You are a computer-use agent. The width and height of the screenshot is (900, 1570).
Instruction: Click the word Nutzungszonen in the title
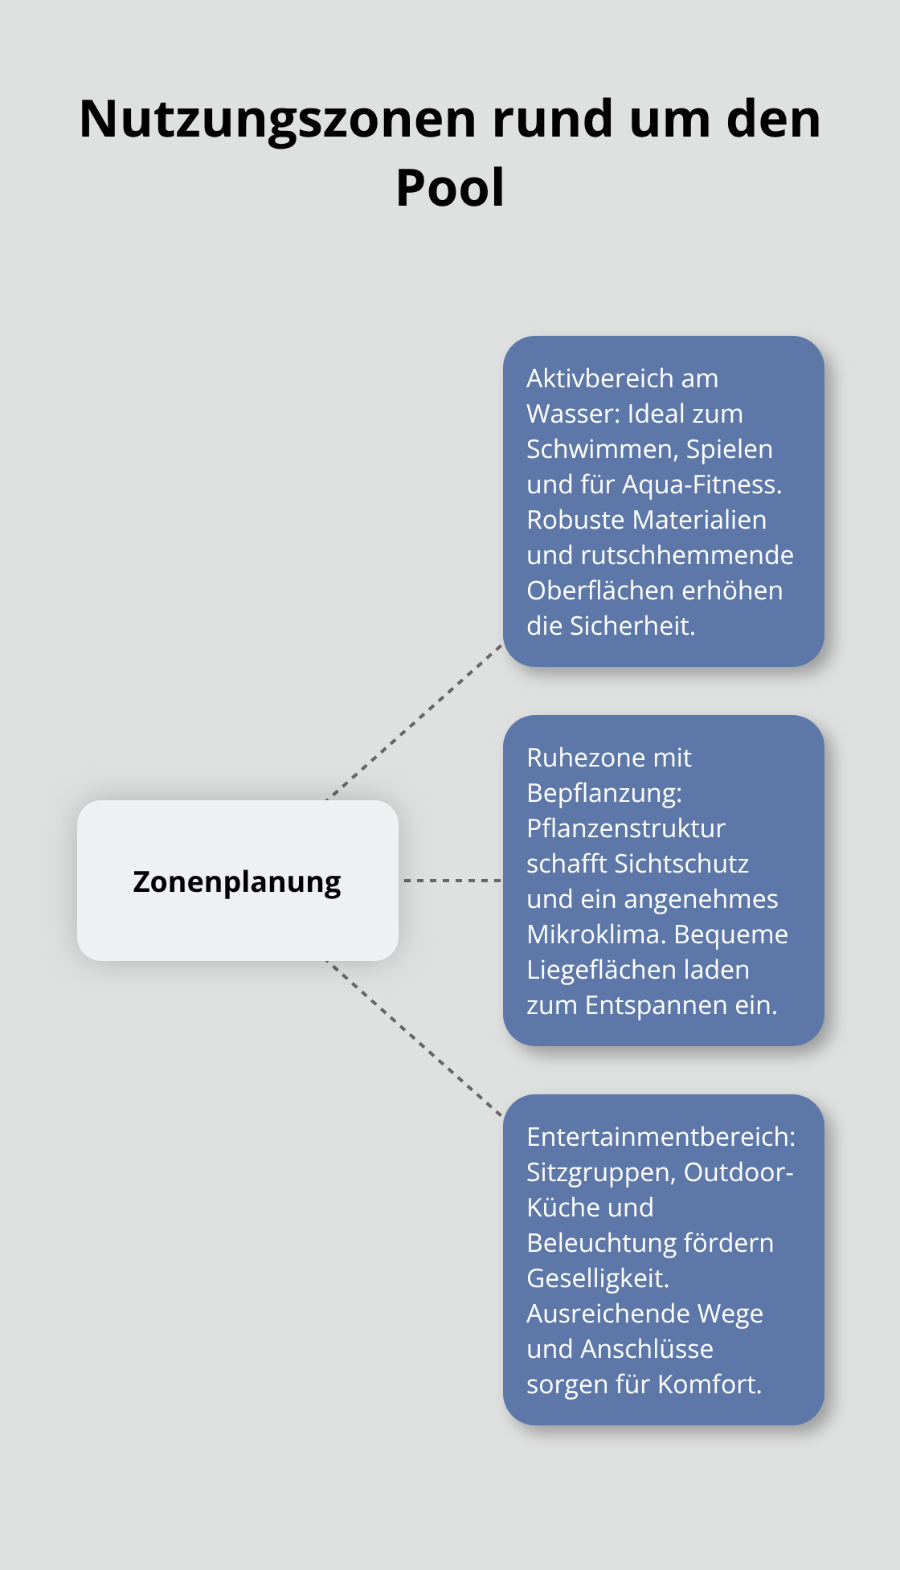pyautogui.click(x=278, y=119)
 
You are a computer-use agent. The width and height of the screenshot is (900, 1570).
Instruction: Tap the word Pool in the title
pyautogui.click(x=450, y=188)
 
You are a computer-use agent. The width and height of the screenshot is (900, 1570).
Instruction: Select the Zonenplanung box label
pyautogui.click(x=237, y=881)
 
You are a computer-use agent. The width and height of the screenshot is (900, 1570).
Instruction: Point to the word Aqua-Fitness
pyautogui.click(x=702, y=484)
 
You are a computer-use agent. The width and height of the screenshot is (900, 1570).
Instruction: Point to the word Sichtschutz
pyautogui.click(x=681, y=864)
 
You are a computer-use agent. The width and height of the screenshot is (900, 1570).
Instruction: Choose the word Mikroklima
pyautogui.click(x=596, y=934)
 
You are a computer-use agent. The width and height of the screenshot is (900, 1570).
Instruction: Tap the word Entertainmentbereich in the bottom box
pyautogui.click(x=661, y=1137)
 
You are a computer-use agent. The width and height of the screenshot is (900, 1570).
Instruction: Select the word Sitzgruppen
pyautogui.click(x=601, y=1172)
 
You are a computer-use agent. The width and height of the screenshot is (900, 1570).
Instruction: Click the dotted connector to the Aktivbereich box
pyautogui.click(x=415, y=722)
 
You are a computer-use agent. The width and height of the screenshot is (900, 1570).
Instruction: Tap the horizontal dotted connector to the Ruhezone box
pyautogui.click(x=452, y=881)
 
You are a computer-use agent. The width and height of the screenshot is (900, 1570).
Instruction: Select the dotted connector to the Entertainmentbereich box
pyautogui.click(x=415, y=1038)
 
